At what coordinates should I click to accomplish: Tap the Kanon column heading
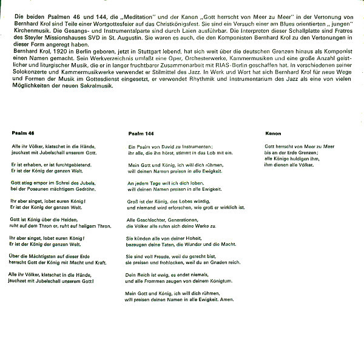click(x=273, y=132)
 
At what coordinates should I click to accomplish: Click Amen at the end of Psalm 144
click(x=226, y=299)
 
